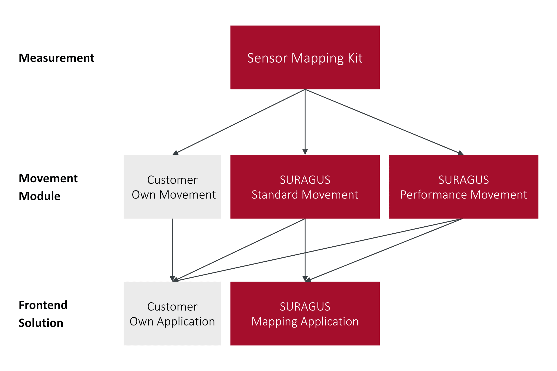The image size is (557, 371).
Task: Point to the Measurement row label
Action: [x=57, y=58]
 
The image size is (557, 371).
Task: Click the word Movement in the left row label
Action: [x=48, y=179]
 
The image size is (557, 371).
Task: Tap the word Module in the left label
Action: [x=39, y=196]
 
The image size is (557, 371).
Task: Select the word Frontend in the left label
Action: [x=43, y=305]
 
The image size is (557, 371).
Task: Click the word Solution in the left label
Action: [x=41, y=323]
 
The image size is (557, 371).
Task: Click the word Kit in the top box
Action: [x=355, y=58]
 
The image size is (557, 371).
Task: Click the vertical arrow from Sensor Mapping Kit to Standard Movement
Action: [x=305, y=122]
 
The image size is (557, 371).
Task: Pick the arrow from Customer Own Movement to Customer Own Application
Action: [x=172, y=249]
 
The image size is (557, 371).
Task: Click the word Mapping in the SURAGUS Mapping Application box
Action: [x=274, y=322]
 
